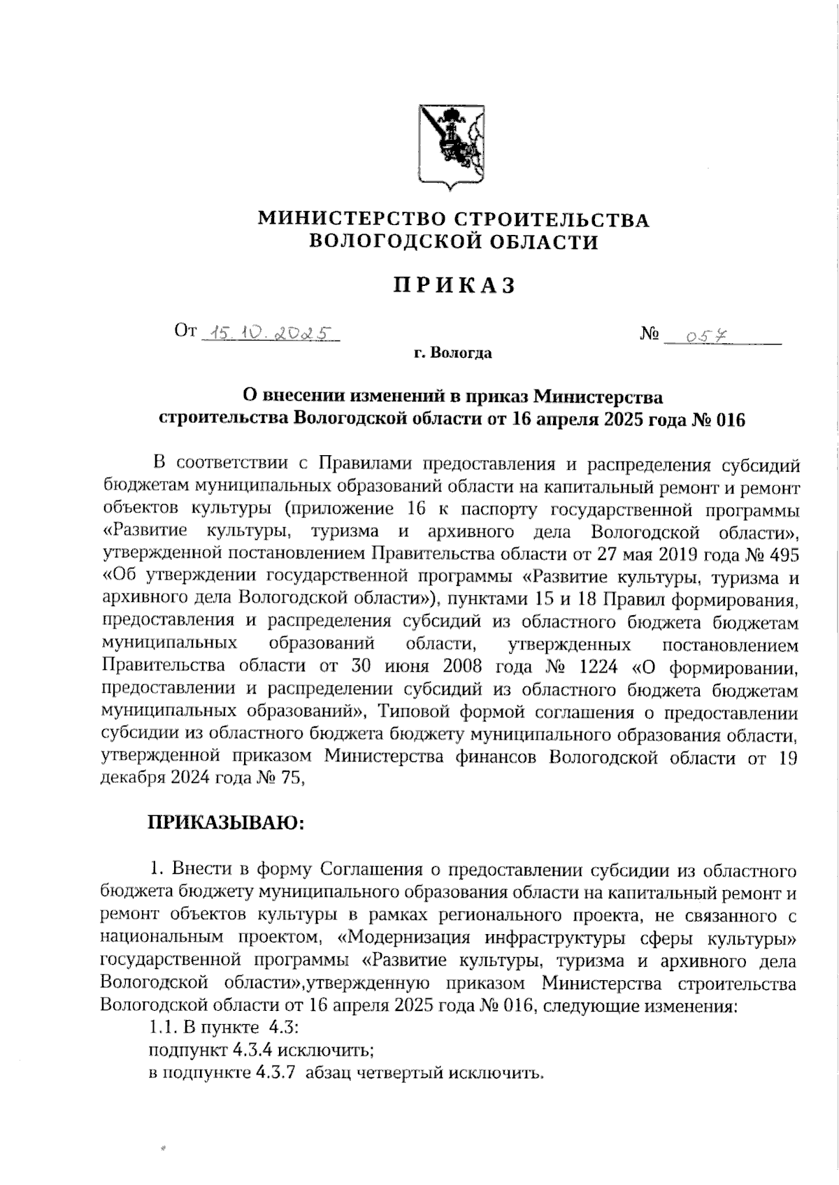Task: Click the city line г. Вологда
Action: (x=452, y=353)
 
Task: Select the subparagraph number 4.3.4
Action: (x=248, y=1050)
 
